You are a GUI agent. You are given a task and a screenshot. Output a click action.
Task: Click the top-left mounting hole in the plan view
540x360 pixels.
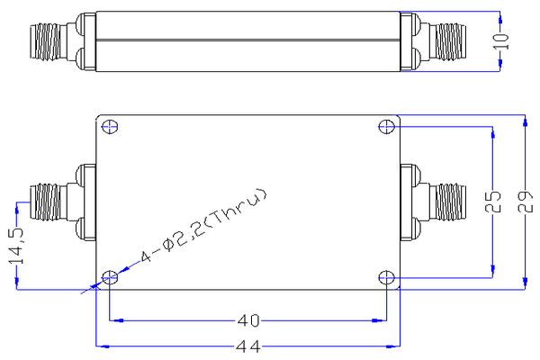[109, 126]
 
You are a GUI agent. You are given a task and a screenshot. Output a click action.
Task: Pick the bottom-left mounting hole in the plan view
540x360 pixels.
[109, 276]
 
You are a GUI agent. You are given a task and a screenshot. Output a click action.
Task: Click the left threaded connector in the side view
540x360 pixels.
[44, 40]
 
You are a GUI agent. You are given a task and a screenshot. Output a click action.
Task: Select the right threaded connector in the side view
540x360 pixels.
[450, 40]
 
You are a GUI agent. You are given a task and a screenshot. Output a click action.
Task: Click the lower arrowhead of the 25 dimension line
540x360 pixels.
[491, 272]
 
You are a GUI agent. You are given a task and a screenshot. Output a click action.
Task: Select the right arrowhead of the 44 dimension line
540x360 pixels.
[392, 346]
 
